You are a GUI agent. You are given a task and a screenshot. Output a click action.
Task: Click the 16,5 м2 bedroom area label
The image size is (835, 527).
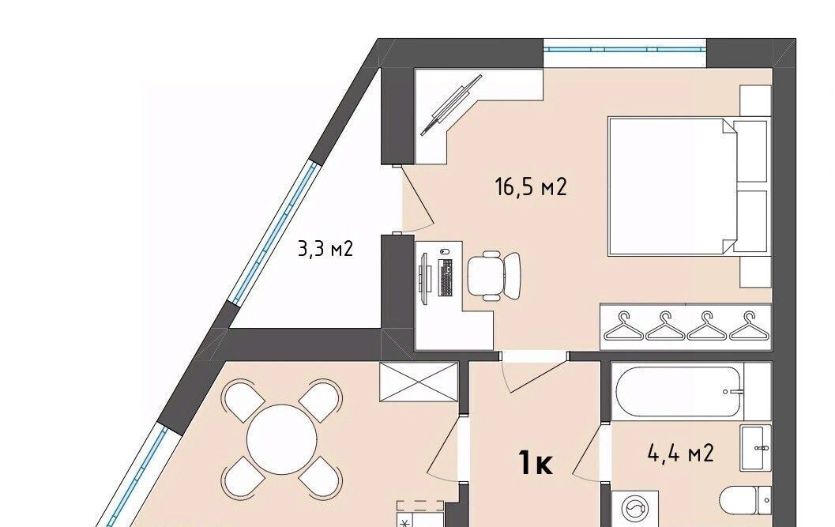click(531, 187)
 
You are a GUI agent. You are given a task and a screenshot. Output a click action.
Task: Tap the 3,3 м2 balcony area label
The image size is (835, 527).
click(325, 249)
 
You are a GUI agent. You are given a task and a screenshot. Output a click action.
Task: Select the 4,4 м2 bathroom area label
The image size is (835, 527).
click(681, 454)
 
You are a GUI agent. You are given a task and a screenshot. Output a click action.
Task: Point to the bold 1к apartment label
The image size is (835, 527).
click(536, 463)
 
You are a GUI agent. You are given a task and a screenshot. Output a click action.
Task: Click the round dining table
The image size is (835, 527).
click(282, 439)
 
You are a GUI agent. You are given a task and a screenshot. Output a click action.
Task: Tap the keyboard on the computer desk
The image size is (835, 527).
click(446, 277)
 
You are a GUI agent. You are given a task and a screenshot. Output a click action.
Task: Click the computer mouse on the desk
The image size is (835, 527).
click(445, 251)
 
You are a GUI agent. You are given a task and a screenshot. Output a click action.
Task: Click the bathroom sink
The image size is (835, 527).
click(756, 449)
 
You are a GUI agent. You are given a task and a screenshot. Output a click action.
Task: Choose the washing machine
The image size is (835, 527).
click(635, 509)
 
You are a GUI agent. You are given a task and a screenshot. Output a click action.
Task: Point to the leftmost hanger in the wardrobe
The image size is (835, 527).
click(623, 326)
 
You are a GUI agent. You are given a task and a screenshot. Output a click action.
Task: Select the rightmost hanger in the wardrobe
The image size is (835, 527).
click(750, 326)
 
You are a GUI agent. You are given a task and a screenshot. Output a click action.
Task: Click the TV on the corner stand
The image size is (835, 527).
click(451, 105)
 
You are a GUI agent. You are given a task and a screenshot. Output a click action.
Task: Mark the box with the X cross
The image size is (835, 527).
click(419, 382)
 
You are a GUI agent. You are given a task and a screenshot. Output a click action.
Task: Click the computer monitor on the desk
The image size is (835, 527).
click(423, 277)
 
